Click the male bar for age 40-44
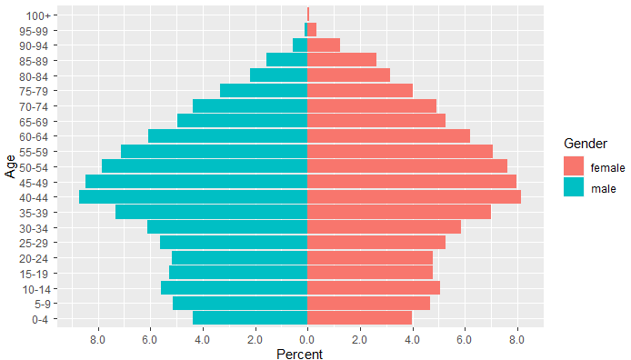194,196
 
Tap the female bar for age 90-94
324,45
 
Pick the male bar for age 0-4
250,317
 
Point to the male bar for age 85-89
286,60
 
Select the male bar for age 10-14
234,287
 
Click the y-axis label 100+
39,15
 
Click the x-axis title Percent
299,354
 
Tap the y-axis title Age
9,166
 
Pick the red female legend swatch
574,167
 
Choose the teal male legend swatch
574,188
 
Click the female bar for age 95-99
312,29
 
